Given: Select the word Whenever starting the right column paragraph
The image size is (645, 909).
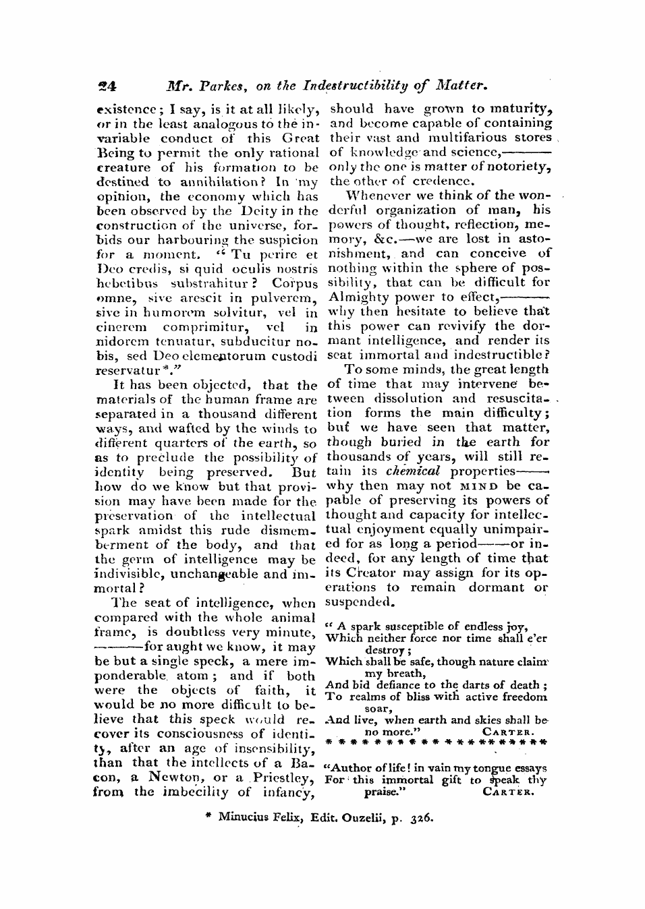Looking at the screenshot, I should click(372, 196).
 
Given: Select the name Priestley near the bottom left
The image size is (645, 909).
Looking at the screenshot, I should click(282, 778).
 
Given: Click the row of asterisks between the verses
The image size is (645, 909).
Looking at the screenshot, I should click(436, 742).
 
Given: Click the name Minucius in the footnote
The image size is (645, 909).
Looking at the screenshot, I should click(242, 818).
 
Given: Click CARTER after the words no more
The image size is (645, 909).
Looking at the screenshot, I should click(509, 731).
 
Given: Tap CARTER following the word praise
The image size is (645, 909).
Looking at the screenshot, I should click(509, 793).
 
